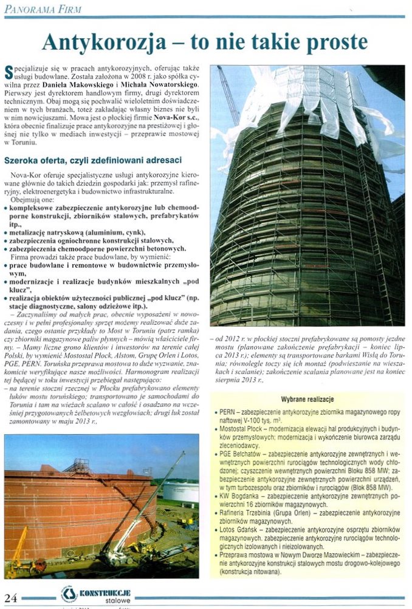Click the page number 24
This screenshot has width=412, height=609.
(x=11, y=596)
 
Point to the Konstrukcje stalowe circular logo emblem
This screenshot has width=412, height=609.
(x=69, y=594)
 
